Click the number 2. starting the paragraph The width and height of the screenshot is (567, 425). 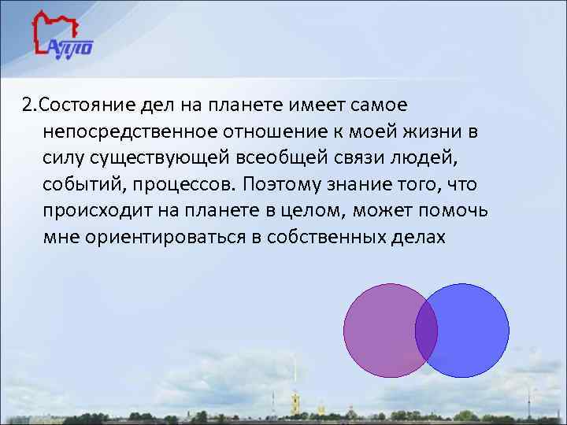(x=29, y=105)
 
